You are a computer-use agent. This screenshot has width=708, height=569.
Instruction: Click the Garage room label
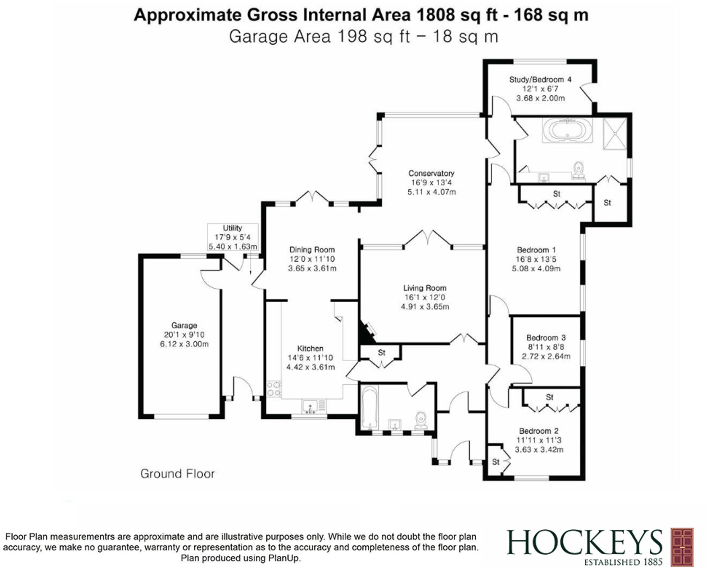(x=184, y=325)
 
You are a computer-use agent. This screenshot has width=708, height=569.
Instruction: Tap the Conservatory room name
(x=431, y=173)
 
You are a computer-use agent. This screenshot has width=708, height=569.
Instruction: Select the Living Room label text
(x=425, y=288)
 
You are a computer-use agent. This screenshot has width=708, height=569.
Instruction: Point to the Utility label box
(x=232, y=237)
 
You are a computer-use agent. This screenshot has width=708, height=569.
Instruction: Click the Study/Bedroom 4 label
(x=540, y=80)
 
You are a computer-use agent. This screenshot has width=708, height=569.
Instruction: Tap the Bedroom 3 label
(x=546, y=338)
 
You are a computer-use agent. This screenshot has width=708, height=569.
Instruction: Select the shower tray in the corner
(x=615, y=133)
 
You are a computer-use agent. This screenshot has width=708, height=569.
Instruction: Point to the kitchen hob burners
(x=274, y=389)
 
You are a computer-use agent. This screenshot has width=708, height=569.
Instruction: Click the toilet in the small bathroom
(x=421, y=420)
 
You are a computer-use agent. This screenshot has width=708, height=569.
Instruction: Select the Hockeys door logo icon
(x=682, y=546)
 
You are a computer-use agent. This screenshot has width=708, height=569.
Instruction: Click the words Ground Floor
(x=177, y=474)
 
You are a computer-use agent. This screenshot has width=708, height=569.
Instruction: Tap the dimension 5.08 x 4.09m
(x=536, y=268)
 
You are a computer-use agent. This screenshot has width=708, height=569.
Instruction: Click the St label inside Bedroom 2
(x=496, y=462)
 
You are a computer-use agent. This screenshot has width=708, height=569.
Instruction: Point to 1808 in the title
(x=435, y=15)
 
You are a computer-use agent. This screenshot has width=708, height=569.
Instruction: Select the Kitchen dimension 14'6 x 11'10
(x=310, y=358)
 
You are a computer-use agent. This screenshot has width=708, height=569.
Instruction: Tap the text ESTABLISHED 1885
(x=623, y=562)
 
